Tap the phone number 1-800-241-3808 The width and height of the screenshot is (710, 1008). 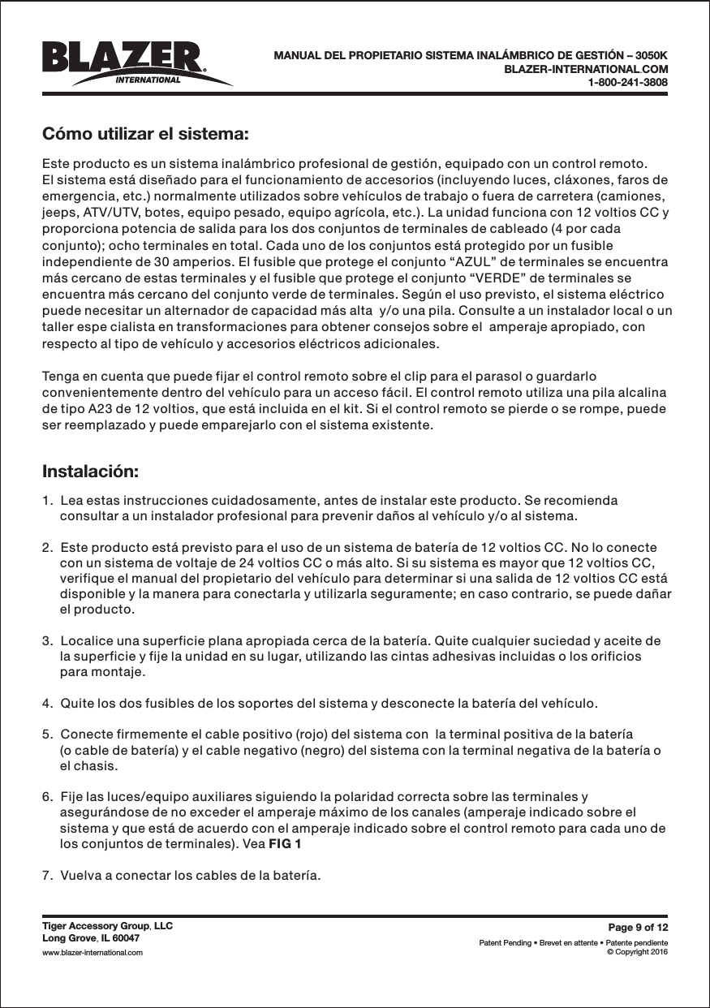pyautogui.click(x=627, y=83)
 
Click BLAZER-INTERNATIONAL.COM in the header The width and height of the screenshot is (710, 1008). pyautogui.click(x=586, y=70)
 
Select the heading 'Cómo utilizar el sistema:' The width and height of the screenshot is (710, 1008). pyautogui.click(x=144, y=133)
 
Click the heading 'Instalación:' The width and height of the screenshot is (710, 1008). pyautogui.click(x=90, y=472)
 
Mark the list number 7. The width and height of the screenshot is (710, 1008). pyautogui.click(x=47, y=876)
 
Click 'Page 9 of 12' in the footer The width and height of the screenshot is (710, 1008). pyautogui.click(x=638, y=928)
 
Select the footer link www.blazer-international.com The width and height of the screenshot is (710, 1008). pyautogui.click(x=93, y=952)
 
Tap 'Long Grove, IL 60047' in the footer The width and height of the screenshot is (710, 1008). pyautogui.click(x=91, y=938)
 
